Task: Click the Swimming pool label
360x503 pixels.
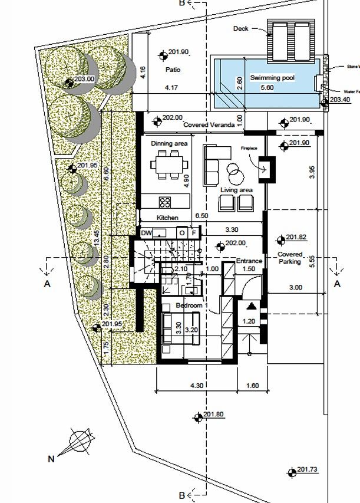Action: tap(272, 78)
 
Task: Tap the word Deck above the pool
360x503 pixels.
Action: tap(241, 28)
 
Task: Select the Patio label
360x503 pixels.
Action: tap(173, 70)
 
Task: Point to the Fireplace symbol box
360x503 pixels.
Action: tap(267, 166)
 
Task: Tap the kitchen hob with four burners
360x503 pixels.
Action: tap(165, 202)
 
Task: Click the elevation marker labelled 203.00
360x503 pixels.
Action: tap(70, 82)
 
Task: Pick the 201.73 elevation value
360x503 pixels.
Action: tap(308, 470)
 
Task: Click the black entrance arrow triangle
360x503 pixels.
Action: tap(250, 305)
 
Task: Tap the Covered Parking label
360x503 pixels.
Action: tap(290, 258)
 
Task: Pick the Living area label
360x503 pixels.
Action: tap(237, 190)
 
